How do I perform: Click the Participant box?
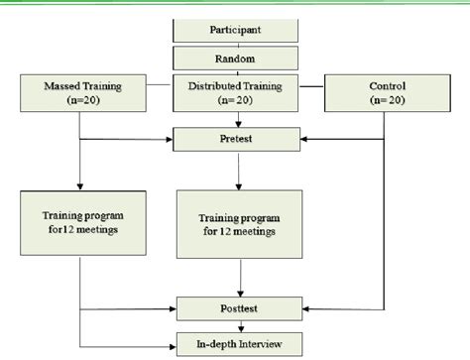[x=236, y=33]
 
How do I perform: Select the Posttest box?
[x=236, y=308]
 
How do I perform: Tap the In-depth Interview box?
[x=236, y=342]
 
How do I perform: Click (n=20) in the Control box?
[x=387, y=102]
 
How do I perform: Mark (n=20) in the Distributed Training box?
[x=236, y=102]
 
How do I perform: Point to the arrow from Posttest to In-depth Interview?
[x=236, y=325]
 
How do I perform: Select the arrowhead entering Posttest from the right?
[x=300, y=308]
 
